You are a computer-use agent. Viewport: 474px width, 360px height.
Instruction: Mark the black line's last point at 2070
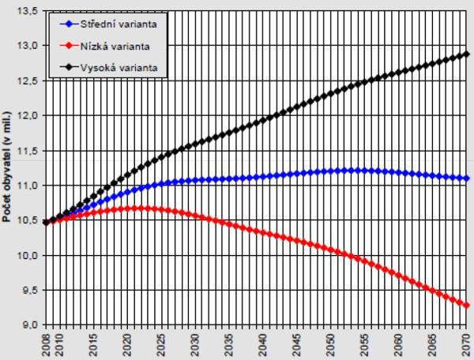(466, 54)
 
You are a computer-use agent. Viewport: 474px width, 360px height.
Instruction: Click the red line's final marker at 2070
(466, 306)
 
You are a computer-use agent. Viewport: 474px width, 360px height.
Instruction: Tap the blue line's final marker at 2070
(466, 178)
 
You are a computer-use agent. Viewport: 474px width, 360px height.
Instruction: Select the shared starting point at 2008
(46, 223)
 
